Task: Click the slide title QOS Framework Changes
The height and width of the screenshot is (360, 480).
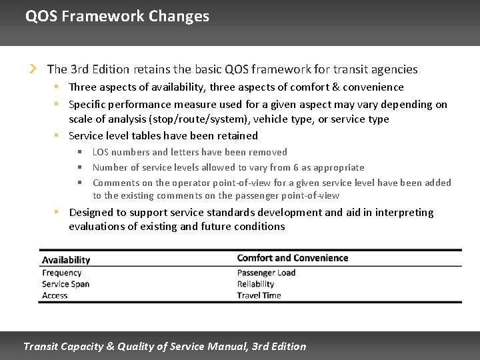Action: pos(117,16)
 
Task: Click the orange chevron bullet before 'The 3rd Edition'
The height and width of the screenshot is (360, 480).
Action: pos(32,69)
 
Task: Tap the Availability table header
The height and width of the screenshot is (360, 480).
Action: pos(65,259)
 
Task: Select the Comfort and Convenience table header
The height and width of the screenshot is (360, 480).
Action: pos(292,258)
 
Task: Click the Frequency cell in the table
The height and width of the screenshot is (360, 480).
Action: pos(61,273)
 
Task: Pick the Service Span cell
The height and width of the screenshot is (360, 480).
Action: pos(65,284)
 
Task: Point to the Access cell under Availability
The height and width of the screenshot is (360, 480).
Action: pos(55,295)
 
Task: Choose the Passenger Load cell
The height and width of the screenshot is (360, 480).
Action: pos(266,273)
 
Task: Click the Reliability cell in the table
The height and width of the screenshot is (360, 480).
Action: pos(255,284)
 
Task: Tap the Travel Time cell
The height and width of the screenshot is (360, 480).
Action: pos(259,295)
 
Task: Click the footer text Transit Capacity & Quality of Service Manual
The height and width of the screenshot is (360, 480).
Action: pos(165,346)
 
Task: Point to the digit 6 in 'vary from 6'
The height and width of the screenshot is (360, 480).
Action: pos(295,167)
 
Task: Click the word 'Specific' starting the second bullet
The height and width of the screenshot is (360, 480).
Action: pos(87,104)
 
